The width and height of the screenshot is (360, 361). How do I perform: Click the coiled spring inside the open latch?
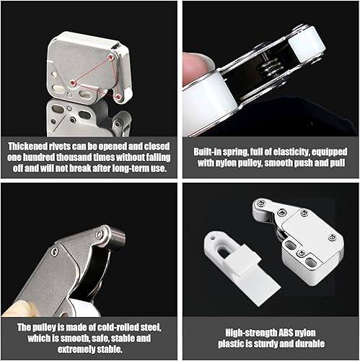click(271, 66)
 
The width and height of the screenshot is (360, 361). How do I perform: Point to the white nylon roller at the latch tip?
click(307, 45)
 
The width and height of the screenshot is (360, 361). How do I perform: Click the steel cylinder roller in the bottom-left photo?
click(118, 238)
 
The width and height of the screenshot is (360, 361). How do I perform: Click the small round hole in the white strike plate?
click(213, 238)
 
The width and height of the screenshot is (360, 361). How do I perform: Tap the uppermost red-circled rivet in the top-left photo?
click(110, 57)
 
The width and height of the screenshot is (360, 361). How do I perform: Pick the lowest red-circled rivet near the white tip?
click(118, 97)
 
